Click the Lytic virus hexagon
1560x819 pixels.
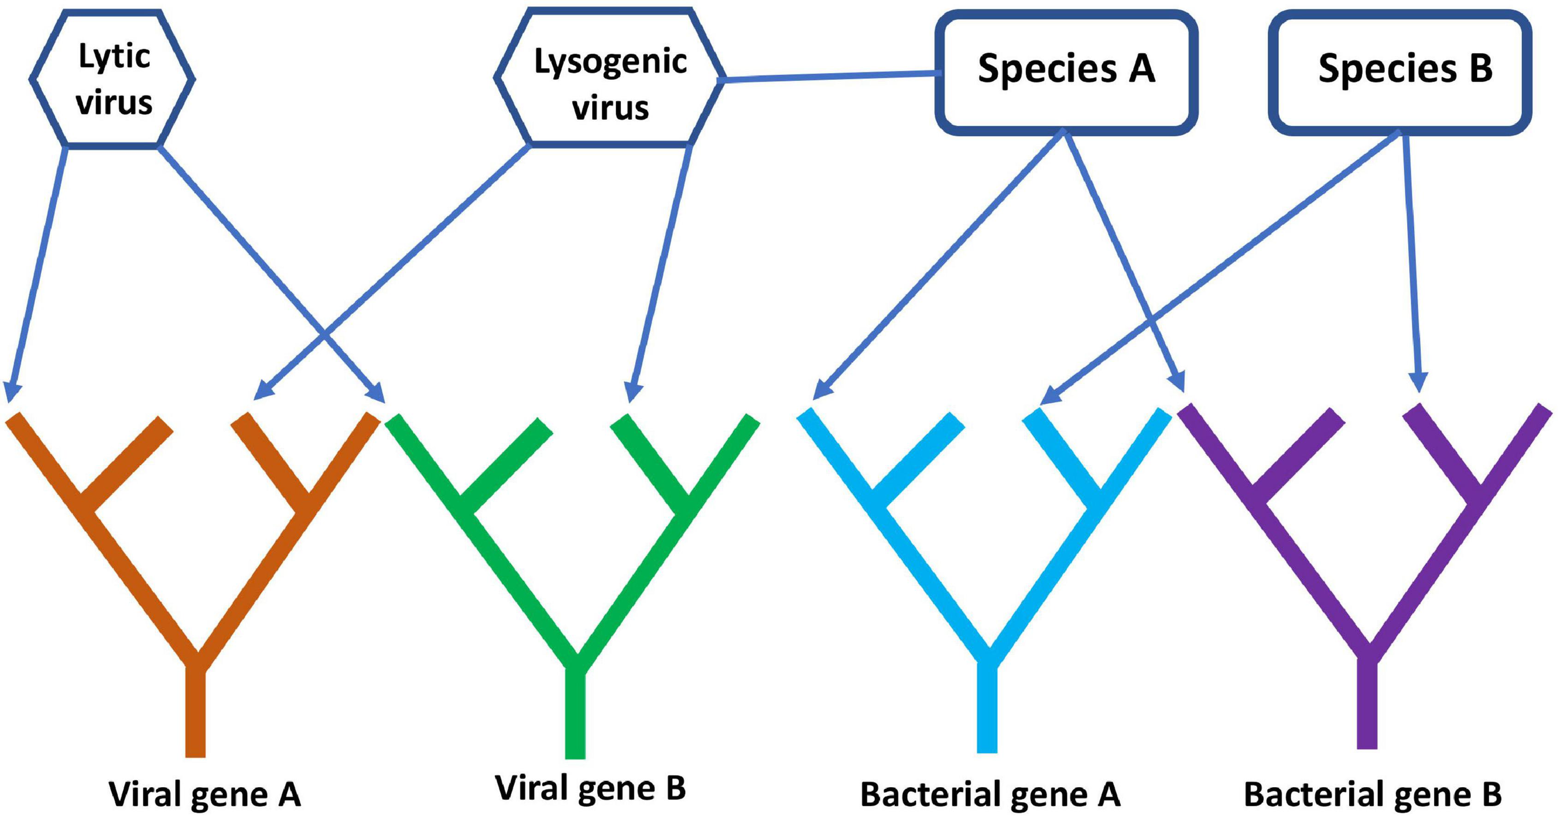click(112, 79)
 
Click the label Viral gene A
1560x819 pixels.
click(205, 795)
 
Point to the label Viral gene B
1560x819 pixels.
click(590, 788)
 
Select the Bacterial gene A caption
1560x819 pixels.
click(990, 795)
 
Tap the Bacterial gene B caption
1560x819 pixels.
click(1373, 795)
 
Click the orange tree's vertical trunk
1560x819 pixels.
click(195, 712)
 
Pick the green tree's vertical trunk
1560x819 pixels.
click(575, 712)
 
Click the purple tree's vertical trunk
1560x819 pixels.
click(1367, 705)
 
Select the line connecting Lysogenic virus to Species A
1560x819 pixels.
click(830, 77)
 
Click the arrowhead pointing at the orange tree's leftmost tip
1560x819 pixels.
click(11, 393)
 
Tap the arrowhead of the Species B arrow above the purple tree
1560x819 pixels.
click(1419, 383)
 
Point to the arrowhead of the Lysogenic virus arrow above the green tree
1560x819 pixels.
click(633, 393)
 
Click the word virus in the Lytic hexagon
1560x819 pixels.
click(114, 103)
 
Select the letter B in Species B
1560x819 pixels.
click(1480, 69)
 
